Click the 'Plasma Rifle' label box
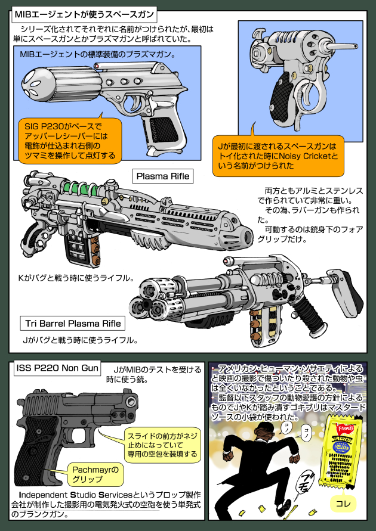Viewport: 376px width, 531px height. [163, 176]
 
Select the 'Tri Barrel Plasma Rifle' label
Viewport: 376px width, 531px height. [73, 324]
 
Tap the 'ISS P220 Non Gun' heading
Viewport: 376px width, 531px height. [57, 369]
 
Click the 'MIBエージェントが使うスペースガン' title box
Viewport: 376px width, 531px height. [84, 12]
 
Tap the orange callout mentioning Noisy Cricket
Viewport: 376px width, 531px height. [278, 157]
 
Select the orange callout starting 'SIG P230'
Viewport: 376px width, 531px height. [70, 141]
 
